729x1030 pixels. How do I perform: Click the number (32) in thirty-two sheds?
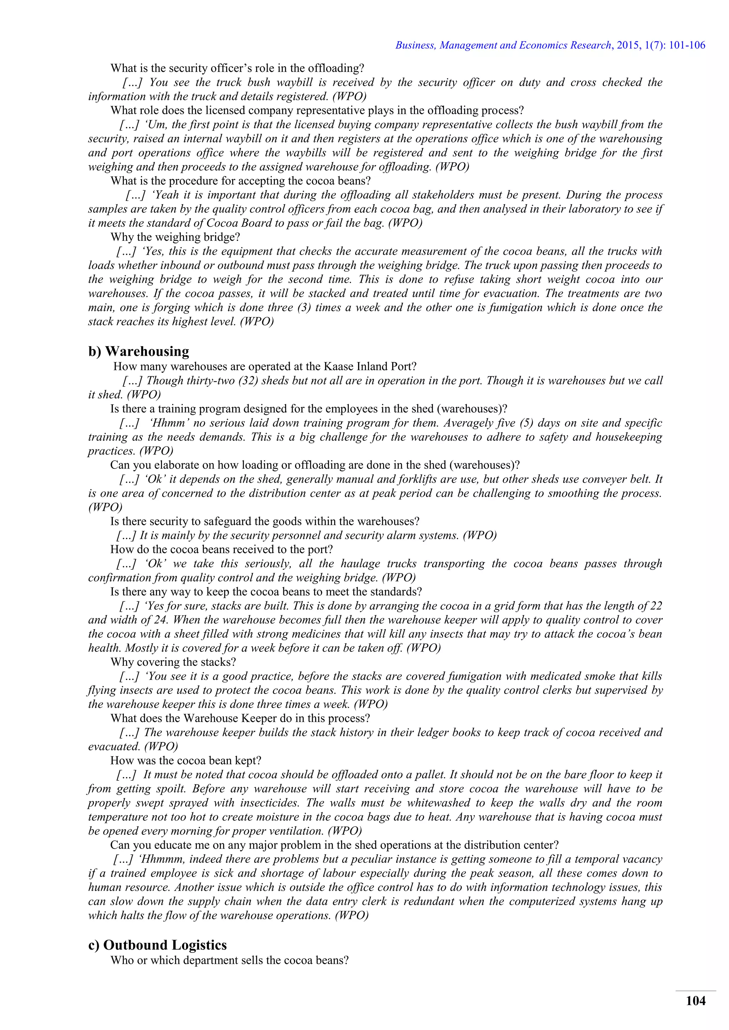248,381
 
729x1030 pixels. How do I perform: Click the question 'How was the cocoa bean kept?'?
186,760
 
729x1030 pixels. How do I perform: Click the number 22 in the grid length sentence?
656,606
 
